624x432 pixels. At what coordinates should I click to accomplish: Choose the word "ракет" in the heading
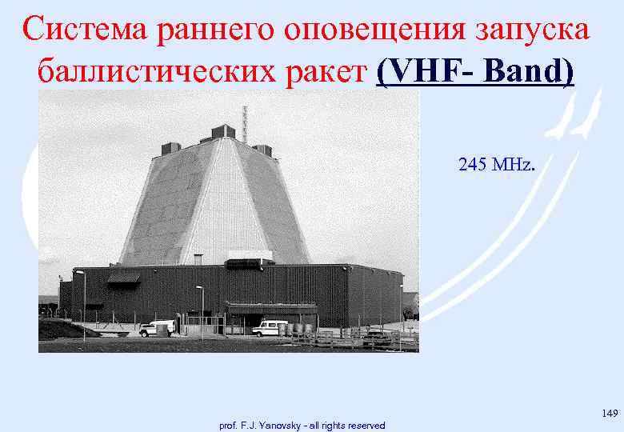coord(332,73)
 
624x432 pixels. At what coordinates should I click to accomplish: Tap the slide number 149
coord(610,413)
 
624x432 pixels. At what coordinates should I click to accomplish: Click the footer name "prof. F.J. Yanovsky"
coord(254,426)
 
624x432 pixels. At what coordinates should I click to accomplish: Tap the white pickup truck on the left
coord(156,328)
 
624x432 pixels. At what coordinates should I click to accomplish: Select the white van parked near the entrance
coord(270,327)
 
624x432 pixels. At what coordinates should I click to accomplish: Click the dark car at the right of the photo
coord(377,338)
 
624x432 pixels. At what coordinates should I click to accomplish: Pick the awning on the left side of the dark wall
coord(123,278)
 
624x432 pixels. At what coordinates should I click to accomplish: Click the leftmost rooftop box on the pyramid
coord(170,148)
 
